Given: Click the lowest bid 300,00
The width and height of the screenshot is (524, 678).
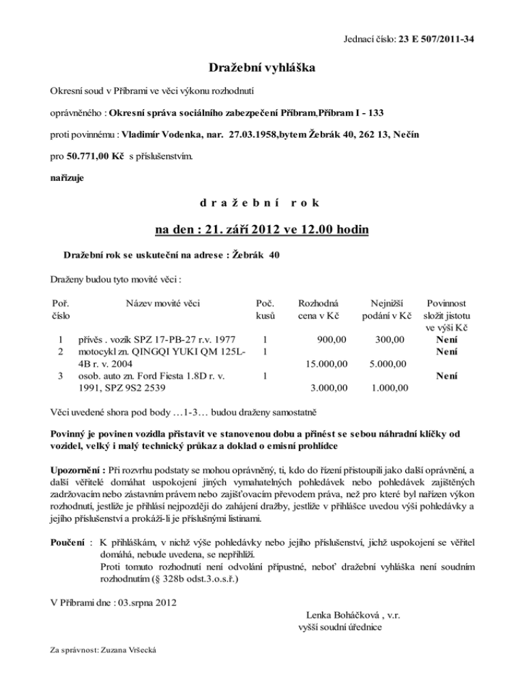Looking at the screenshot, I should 390,338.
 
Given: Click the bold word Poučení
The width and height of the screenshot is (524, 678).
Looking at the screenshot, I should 69,542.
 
